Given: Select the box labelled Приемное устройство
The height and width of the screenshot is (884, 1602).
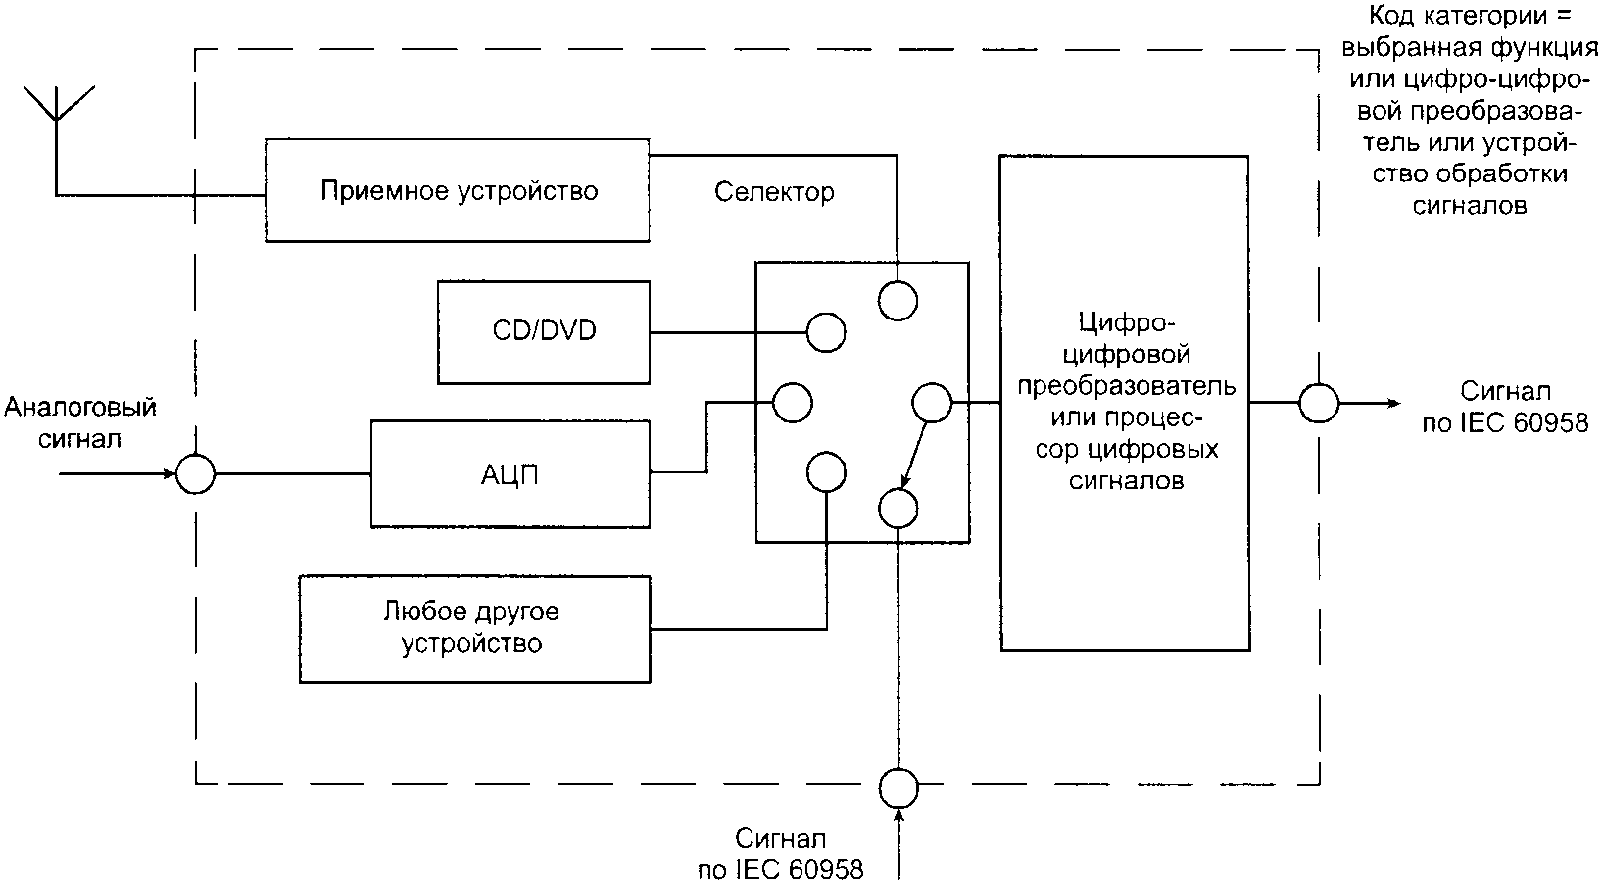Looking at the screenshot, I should point(457,190).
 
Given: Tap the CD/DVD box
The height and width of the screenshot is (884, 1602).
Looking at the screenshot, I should point(543,332).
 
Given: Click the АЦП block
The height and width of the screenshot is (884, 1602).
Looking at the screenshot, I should point(510,474).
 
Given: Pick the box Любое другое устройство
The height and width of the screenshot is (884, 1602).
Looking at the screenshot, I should point(474,629).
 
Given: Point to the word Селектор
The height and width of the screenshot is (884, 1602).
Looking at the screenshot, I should point(774,191).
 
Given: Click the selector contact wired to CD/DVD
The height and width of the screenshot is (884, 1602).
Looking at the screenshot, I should point(825,332).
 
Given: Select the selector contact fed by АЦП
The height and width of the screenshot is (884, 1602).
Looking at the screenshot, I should point(792,402).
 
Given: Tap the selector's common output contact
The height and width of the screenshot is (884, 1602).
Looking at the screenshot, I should point(931,403).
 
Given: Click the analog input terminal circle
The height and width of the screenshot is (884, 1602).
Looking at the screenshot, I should point(195,474).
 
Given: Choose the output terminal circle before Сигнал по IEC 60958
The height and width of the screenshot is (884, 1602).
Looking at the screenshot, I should point(1319,403).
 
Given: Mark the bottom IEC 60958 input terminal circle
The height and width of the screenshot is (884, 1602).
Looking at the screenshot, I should point(898,785).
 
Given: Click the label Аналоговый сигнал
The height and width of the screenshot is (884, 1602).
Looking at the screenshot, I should point(80,422).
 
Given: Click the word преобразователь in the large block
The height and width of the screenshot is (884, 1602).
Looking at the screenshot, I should point(1126,385).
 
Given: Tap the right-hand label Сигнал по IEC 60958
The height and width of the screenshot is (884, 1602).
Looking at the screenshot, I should point(1505,408).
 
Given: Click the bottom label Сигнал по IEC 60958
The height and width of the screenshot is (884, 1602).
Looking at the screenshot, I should point(781,855).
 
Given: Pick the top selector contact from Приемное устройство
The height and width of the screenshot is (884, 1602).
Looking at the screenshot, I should point(898,300).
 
